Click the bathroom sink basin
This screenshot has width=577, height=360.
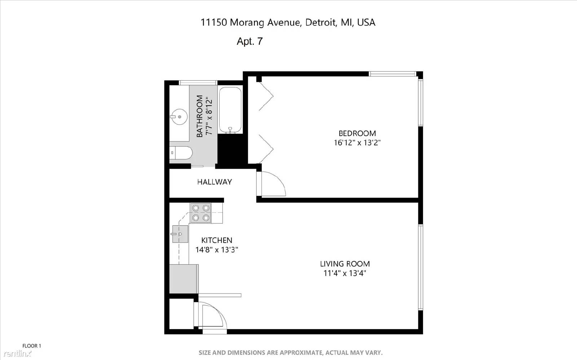tap(179, 117)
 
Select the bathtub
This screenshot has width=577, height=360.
tap(230, 110)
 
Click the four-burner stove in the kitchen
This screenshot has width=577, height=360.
tap(201, 213)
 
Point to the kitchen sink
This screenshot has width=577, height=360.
tap(180, 234)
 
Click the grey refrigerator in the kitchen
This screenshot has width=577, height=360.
tap(184, 279)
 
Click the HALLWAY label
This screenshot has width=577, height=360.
tap(215, 182)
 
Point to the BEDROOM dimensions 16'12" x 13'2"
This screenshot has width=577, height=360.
tap(357, 143)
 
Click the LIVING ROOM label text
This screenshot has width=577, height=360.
tap(345, 264)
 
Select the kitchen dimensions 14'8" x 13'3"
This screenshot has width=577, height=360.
tap(217, 250)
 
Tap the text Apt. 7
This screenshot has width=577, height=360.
tap(250, 41)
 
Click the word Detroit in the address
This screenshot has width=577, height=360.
tap(321, 22)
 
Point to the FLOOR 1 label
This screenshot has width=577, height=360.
tap(32, 346)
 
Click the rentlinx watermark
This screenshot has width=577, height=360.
tap(17, 354)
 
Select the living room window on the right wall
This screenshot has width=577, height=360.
tap(420, 267)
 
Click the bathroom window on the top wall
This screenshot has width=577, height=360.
tap(198, 83)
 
